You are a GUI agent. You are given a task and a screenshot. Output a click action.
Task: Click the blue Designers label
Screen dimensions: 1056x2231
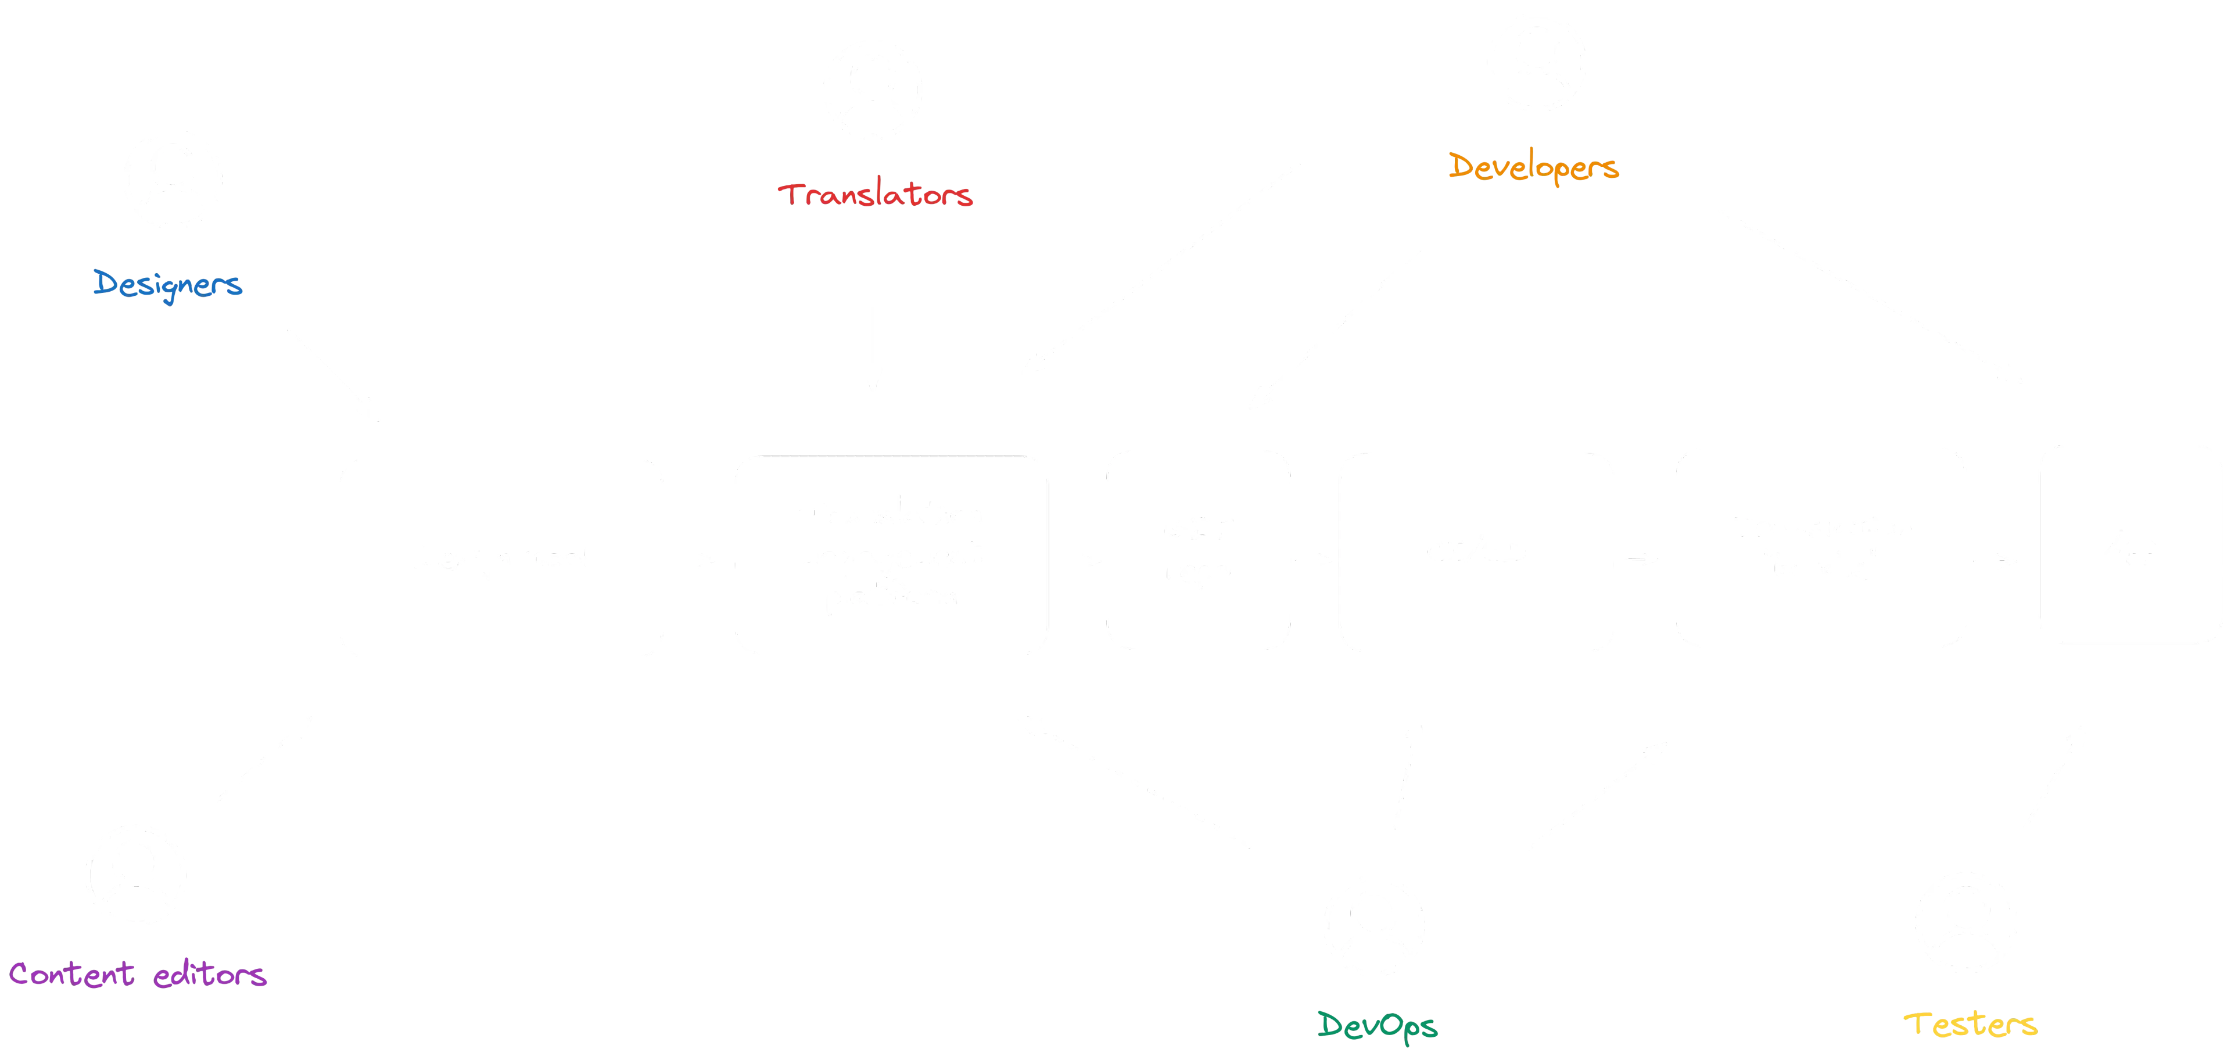pyautogui.click(x=169, y=284)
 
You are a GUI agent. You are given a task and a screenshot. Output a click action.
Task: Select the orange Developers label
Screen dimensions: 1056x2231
pyautogui.click(x=1531, y=168)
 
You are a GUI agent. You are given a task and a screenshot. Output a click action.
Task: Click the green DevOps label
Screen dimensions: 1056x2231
pyautogui.click(x=1377, y=1026)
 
